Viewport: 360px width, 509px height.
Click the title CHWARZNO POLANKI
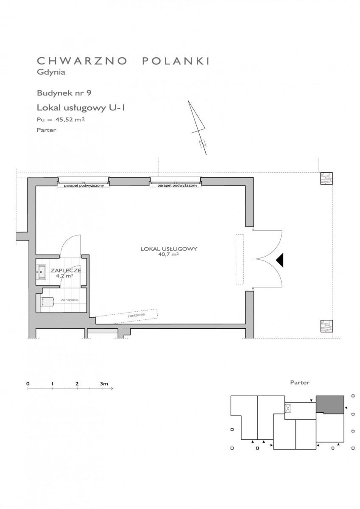coord(123,61)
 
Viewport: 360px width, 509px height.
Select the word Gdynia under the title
coord(51,72)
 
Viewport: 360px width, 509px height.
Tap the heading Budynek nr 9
coord(64,93)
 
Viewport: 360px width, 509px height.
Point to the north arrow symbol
coord(198,128)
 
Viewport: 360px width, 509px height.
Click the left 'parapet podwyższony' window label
coord(84,185)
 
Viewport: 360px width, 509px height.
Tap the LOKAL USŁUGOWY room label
coord(169,249)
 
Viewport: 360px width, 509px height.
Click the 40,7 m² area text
coord(168,255)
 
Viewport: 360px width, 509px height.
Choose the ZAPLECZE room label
coord(66,271)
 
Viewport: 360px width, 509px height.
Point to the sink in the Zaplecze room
coord(41,272)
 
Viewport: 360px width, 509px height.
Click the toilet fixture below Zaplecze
coord(47,301)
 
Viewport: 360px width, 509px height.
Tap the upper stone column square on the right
coord(327,179)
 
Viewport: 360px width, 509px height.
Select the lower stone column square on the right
coord(327,326)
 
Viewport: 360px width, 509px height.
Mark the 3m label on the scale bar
coord(104,384)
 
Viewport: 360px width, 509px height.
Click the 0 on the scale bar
coord(28,384)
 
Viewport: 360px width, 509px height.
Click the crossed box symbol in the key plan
coord(288,408)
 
